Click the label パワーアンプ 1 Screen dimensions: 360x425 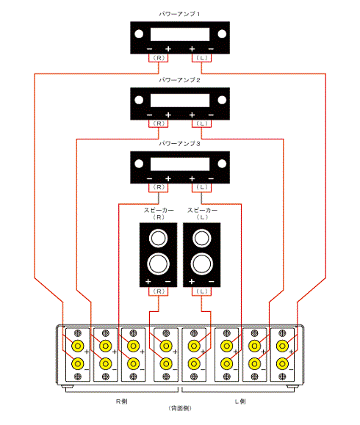point(179,14)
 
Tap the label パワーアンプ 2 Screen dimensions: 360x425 point(179,80)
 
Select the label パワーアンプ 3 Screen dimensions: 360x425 point(179,144)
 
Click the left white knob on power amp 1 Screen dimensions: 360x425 point(139,34)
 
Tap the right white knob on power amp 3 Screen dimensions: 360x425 point(222,164)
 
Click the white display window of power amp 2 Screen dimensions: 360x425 point(180,101)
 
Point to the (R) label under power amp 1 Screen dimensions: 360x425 point(159,58)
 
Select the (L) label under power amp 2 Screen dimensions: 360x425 point(202,123)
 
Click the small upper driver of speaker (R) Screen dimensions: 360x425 point(158,239)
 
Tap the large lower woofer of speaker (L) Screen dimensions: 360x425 point(202,264)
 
